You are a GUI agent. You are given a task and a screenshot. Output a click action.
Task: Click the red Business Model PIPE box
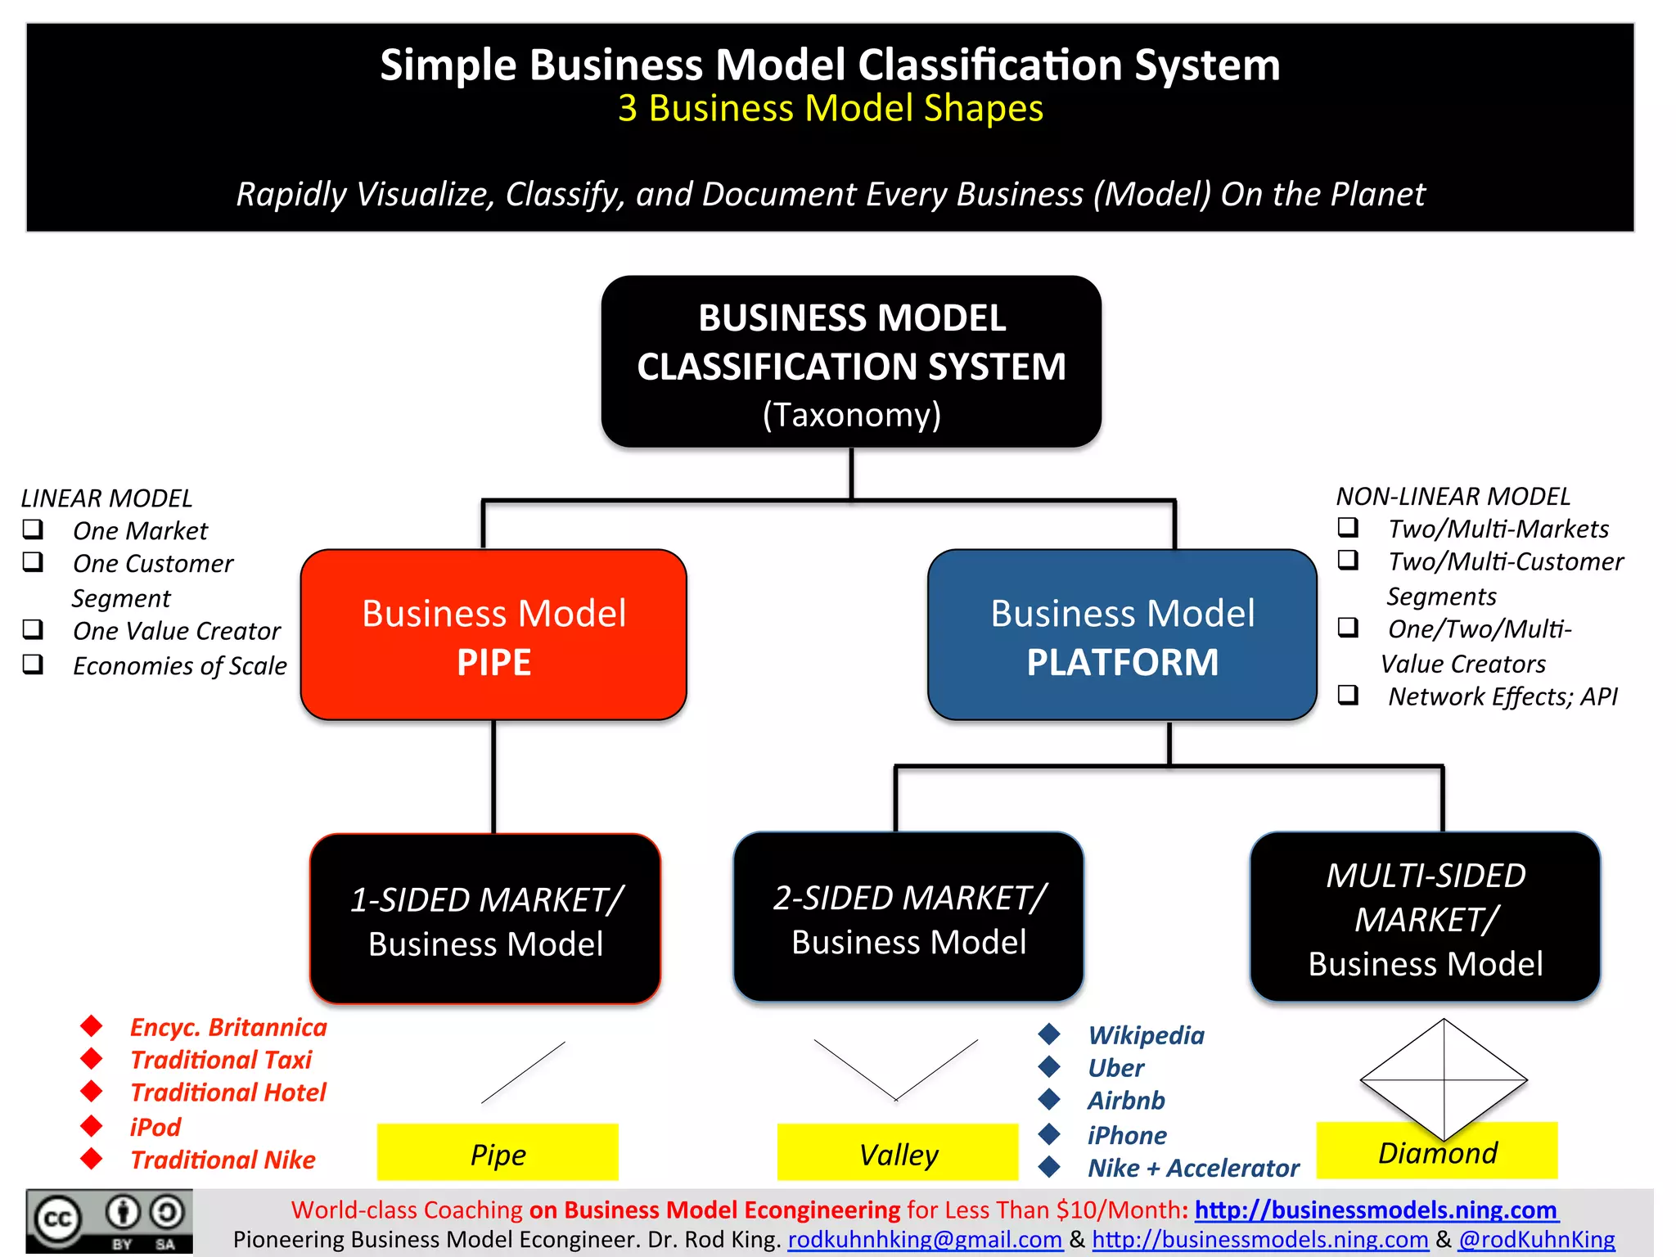(x=493, y=635)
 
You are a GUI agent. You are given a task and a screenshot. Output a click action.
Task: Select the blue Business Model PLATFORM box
(x=1122, y=635)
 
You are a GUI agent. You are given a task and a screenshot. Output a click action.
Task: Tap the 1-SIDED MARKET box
(x=485, y=919)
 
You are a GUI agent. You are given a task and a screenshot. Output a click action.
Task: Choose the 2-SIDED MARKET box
(x=908, y=917)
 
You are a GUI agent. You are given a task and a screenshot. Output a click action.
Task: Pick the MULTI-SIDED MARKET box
(x=1425, y=917)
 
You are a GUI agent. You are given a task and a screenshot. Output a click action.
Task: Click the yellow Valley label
(x=898, y=1153)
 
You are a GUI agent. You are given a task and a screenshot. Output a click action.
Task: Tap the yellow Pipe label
(x=498, y=1153)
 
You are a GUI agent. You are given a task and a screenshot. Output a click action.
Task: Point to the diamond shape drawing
(x=1444, y=1079)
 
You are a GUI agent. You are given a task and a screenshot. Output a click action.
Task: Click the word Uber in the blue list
(x=1115, y=1068)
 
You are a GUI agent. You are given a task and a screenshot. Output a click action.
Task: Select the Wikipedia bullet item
(x=1146, y=1035)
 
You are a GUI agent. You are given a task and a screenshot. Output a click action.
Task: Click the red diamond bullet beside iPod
(x=92, y=1126)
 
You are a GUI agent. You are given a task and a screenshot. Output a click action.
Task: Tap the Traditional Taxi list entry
(x=221, y=1060)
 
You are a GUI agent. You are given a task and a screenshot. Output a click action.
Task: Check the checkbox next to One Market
(x=33, y=529)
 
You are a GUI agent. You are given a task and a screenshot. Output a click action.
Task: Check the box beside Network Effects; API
(x=1348, y=695)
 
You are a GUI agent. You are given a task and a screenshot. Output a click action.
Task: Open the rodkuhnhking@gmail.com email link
(x=925, y=1240)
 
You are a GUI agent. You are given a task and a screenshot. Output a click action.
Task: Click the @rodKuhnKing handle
(x=1536, y=1240)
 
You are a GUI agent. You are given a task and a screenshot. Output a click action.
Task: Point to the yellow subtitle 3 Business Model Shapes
(x=830, y=108)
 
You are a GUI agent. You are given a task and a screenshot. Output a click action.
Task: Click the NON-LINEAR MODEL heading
(x=1453, y=496)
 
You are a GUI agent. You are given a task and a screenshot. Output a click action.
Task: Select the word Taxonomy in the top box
(x=851, y=415)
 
